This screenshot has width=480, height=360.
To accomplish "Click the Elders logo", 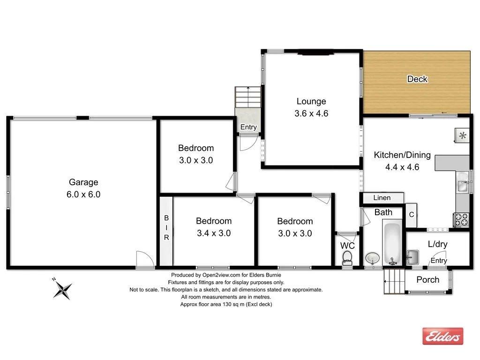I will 442,336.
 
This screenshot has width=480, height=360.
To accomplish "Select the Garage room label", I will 83,182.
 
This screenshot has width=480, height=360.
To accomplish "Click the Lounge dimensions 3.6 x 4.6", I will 311,113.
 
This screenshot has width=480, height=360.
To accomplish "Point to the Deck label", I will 417,79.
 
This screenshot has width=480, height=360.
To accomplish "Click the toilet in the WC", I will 347,257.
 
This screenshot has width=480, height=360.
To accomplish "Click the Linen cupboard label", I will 382,198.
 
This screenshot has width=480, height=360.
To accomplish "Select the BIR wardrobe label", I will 166,228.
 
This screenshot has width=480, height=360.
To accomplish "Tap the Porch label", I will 427,280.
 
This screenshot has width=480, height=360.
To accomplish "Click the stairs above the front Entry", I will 247,97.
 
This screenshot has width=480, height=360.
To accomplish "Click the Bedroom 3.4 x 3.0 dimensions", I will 213,233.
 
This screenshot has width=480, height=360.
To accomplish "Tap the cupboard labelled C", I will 411,215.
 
